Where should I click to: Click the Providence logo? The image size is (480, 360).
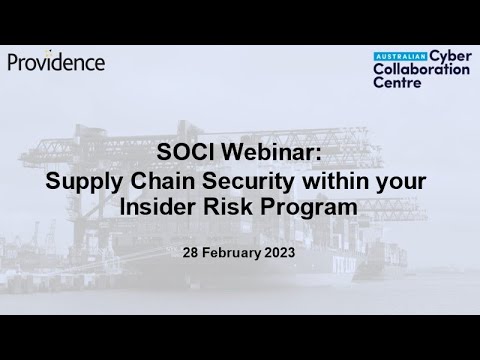pyautogui.click(x=57, y=62)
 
